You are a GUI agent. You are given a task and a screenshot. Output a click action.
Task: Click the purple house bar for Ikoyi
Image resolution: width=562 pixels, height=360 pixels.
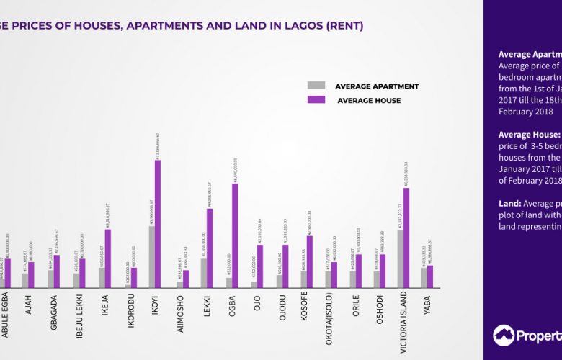point(158,224)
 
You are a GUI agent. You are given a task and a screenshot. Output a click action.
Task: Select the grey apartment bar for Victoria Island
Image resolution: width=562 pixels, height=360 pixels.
point(400,259)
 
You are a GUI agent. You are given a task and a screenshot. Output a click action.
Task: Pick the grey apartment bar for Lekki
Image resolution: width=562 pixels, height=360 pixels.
point(204,274)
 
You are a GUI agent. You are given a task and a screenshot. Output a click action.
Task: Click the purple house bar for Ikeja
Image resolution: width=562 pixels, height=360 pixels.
point(107,258)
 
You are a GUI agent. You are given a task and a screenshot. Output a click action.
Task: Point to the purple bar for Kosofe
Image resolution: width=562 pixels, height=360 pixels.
point(310,261)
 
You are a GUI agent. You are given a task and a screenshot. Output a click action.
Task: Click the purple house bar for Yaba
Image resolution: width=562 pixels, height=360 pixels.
point(430,276)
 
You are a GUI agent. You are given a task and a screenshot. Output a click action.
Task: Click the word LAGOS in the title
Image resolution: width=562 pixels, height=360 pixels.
point(298,26)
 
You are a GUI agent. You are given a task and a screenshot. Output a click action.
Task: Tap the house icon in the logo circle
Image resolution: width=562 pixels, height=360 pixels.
point(504,336)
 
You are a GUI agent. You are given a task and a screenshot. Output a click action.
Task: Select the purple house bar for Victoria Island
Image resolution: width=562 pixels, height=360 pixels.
point(406,238)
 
